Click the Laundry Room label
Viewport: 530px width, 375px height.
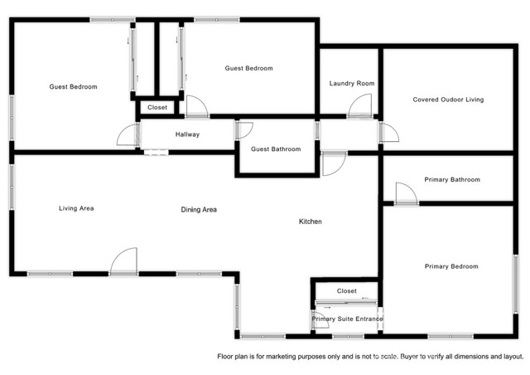[x=352, y=84]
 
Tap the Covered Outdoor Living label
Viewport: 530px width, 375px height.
[x=448, y=100]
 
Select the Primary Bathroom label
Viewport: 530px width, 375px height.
[x=451, y=180]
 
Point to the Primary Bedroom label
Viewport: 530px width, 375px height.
[x=451, y=266]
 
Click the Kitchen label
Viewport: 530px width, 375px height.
[x=311, y=222]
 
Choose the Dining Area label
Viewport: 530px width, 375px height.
[x=199, y=210]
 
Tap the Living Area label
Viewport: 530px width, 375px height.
[x=76, y=208]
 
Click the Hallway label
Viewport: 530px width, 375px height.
[x=187, y=134]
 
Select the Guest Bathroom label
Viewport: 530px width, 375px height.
[x=276, y=149]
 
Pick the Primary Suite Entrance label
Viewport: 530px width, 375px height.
[x=348, y=319]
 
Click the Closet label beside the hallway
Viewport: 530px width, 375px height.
[x=157, y=108]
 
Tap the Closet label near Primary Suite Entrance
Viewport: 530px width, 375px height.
[x=347, y=291]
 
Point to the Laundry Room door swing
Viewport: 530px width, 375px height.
[x=360, y=106]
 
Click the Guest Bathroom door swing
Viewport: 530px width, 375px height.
[x=245, y=130]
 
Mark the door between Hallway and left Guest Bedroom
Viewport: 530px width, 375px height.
[x=128, y=136]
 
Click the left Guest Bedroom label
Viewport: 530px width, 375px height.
[x=73, y=87]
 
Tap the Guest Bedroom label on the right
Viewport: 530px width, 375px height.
[x=248, y=68]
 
